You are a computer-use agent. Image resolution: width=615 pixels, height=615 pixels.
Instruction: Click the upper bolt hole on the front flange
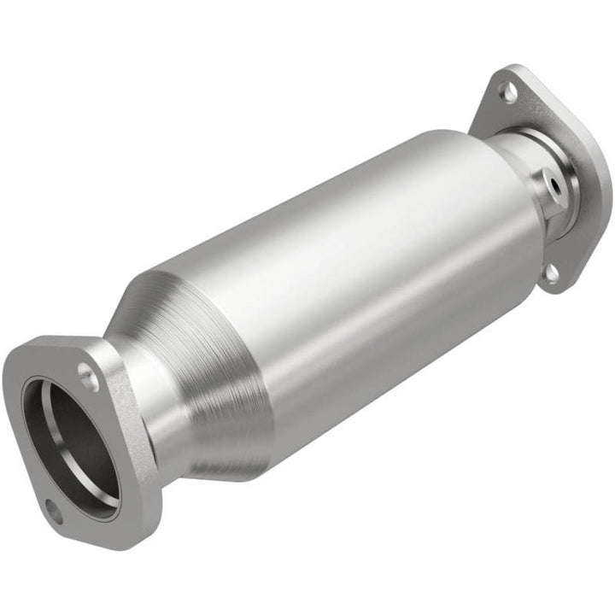(x=87, y=372)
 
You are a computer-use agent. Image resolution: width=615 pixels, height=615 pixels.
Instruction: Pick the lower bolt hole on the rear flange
(x=551, y=272)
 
